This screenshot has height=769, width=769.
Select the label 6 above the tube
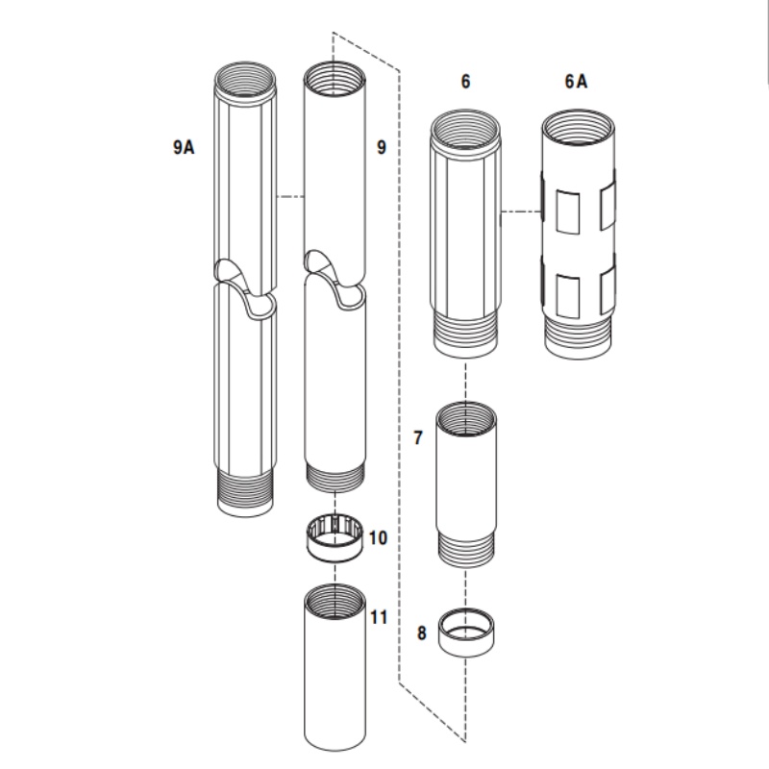[465, 82]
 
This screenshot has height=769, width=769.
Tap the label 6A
[576, 82]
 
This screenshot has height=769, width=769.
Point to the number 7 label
[417, 438]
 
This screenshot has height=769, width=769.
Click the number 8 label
[421, 634]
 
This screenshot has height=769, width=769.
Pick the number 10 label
[378, 537]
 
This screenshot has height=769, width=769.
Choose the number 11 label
[379, 616]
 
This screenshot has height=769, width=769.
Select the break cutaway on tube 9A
[244, 285]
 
